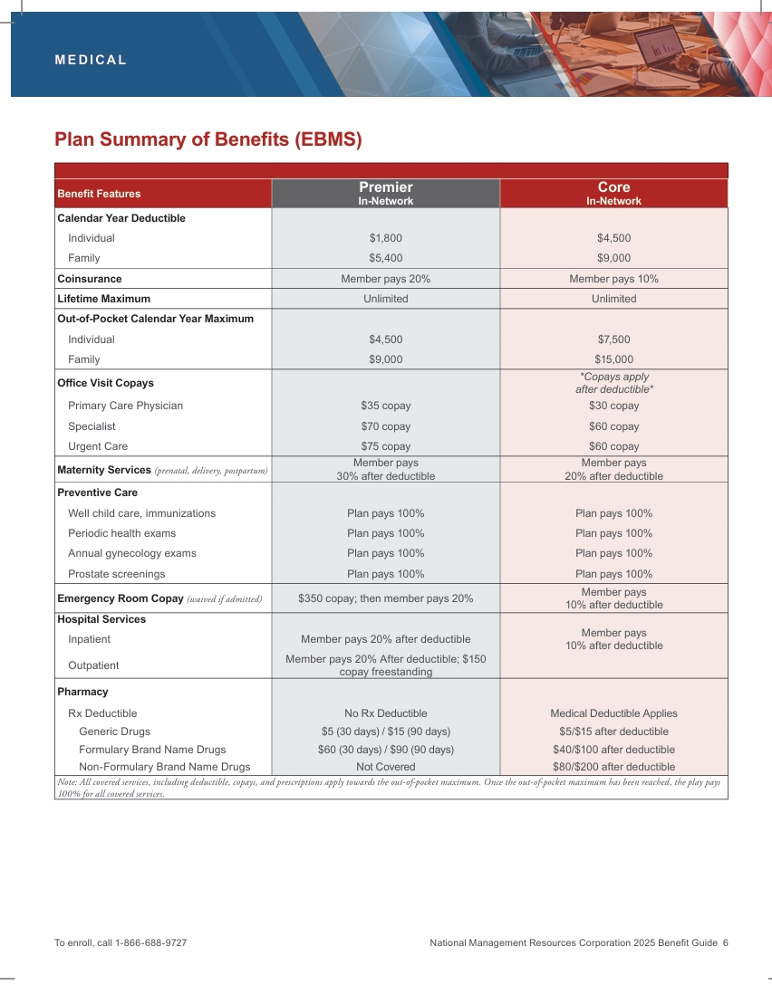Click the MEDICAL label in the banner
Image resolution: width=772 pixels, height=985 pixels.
pos(91,61)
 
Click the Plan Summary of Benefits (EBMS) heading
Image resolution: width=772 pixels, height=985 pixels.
pos(207,139)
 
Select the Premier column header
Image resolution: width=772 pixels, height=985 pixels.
pos(385,193)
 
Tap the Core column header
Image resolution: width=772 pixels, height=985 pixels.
pos(613,193)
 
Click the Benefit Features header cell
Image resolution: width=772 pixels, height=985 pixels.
pos(99,194)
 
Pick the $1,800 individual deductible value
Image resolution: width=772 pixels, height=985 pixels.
pos(385,238)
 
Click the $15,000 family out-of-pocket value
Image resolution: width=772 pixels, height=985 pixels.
pos(613,359)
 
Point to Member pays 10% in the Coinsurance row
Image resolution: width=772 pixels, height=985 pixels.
pos(613,279)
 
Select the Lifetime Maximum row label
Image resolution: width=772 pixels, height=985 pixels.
pos(103,299)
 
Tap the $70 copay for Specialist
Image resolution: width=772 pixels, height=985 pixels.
pos(385,426)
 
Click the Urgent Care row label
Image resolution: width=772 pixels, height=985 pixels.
pos(98,446)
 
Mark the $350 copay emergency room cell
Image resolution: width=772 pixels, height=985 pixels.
pos(385,598)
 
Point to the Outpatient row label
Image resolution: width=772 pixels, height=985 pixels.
pos(94,665)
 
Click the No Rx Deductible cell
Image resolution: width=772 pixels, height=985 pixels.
pos(385,713)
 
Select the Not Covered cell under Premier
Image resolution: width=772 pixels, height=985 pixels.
pos(385,767)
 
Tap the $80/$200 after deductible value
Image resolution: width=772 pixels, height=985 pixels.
pos(613,767)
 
